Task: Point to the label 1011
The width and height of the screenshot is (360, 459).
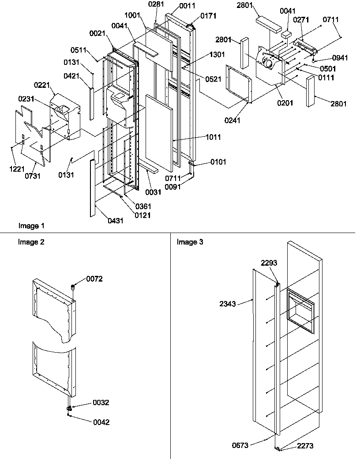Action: pyautogui.click(x=213, y=137)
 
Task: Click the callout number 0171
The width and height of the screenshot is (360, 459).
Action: pyautogui.click(x=208, y=16)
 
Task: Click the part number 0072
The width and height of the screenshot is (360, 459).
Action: pyautogui.click(x=94, y=279)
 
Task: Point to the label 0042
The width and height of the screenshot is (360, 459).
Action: pyautogui.click(x=101, y=422)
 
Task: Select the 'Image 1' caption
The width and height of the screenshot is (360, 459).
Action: pyautogui.click(x=31, y=226)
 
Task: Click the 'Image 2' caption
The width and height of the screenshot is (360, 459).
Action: pyautogui.click(x=31, y=242)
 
